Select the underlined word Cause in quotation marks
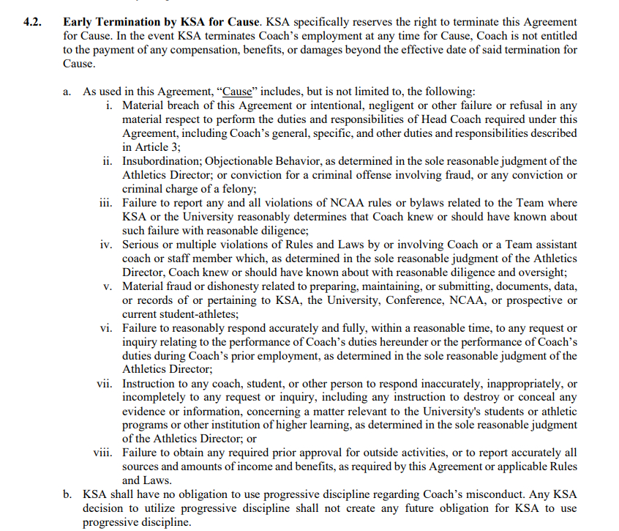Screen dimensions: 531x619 pyautogui.click(x=236, y=92)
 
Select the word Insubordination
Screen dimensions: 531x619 pyautogui.click(x=160, y=161)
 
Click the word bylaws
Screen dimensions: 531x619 pyautogui.click(x=395, y=203)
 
